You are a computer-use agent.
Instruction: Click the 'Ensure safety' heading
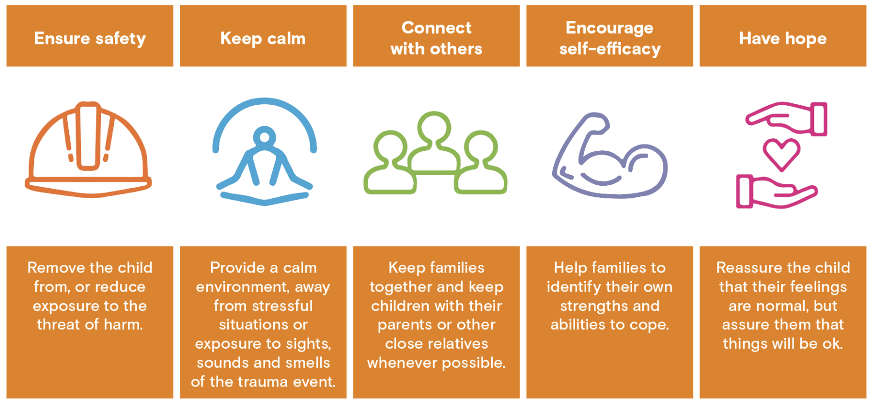coord(90,38)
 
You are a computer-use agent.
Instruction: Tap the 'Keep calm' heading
coord(263,38)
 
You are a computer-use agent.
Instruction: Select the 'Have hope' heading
coord(782,38)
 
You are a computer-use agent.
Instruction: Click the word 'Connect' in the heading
coord(436,28)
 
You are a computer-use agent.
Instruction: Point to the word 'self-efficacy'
coord(609,49)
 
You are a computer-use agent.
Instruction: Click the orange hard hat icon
coord(88,150)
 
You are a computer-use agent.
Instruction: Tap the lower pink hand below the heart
coord(775,192)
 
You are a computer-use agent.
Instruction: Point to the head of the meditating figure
coord(264,137)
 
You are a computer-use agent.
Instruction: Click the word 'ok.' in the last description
coord(832,343)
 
